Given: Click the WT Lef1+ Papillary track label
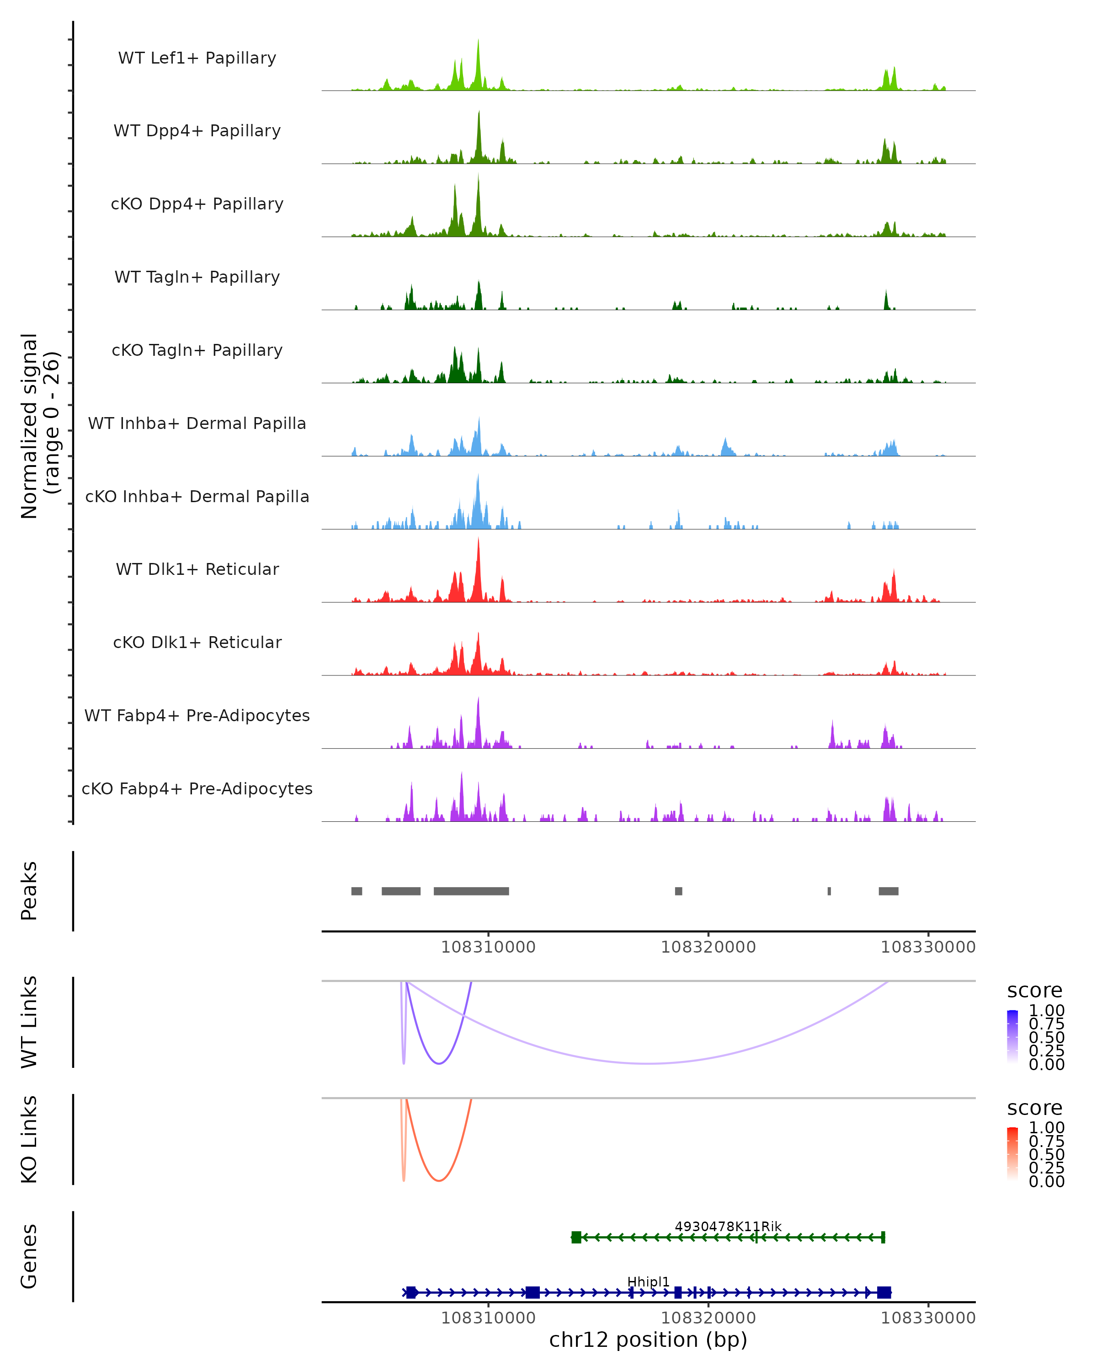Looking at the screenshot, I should tap(197, 58).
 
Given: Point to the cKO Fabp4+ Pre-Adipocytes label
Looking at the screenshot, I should tap(197, 788).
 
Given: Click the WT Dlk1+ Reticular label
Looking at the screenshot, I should tap(197, 569).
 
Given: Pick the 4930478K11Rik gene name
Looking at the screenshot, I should tap(728, 1226).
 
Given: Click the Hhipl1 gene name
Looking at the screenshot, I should tap(648, 1281).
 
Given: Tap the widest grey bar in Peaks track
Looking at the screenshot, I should tap(471, 891).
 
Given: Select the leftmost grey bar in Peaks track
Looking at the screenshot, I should tap(357, 891).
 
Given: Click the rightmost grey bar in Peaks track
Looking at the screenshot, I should tap(889, 891).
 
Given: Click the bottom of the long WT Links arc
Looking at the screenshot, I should tap(649, 1063).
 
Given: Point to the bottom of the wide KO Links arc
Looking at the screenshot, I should tap(439, 1180).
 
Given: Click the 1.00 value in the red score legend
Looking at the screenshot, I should tap(1046, 1128).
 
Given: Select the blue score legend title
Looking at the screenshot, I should tap(1034, 991).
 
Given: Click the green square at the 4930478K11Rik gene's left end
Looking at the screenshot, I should tap(576, 1237).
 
